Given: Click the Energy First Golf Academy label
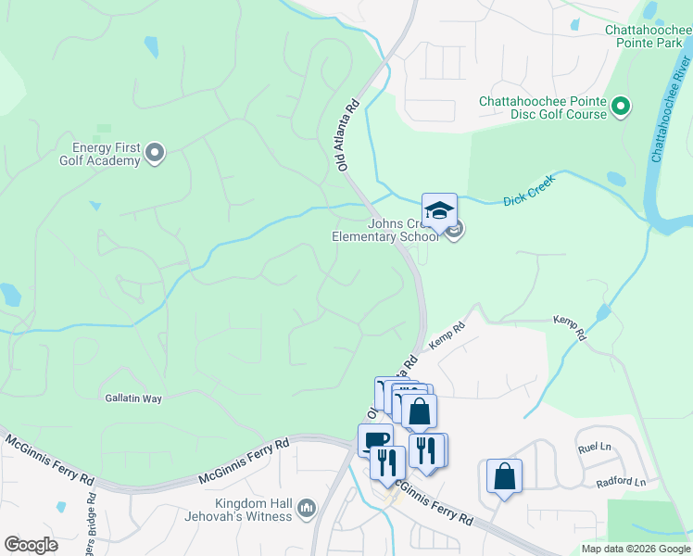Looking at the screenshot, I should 107,154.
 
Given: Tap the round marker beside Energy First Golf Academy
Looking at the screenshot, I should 155,153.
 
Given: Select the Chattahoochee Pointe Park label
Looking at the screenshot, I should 649,36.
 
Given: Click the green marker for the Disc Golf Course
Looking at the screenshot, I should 622,107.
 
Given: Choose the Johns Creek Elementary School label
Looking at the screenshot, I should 385,230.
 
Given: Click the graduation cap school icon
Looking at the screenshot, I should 439,209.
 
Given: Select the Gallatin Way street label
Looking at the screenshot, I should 132,398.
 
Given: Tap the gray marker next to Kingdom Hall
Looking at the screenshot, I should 307,508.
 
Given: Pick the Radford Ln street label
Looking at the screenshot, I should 621,482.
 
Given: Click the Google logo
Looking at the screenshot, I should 31,544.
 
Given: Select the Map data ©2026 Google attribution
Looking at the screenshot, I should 635,549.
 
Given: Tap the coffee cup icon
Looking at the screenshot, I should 374,440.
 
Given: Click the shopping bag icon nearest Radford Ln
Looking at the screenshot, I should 504,476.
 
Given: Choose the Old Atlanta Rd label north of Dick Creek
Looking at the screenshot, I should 347,137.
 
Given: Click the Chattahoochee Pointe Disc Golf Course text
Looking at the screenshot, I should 543,107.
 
